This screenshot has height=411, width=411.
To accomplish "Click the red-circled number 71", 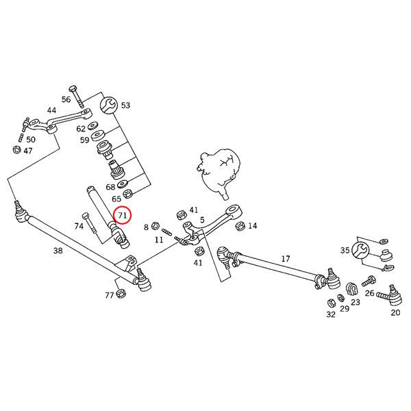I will pyautogui.click(x=123, y=215).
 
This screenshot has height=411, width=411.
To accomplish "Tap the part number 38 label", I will pyautogui.click(x=58, y=251).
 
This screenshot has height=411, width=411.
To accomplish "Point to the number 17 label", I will pyautogui.click(x=286, y=258).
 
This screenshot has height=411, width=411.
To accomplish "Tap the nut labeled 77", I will pyautogui.click(x=122, y=295).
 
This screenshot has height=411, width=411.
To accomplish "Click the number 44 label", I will pyautogui.click(x=52, y=110).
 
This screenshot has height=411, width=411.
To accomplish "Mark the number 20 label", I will pyautogui.click(x=395, y=313).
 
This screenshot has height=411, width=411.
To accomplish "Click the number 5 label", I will pyautogui.click(x=203, y=221).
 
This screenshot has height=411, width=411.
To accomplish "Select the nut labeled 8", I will pyautogui.click(x=156, y=226).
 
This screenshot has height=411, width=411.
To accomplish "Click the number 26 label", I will pyautogui.click(x=369, y=294).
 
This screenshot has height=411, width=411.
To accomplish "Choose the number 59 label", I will pyautogui.click(x=84, y=140).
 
